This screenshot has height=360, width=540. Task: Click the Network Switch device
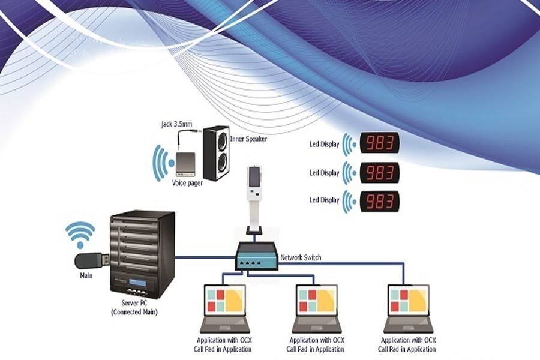pyautogui.click(x=257, y=256)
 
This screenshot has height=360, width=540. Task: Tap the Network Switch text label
pyautogui.click(x=301, y=258)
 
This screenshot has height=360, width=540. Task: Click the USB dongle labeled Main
pyautogui.click(x=90, y=261)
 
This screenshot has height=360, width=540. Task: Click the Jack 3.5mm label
pyautogui.click(x=177, y=124)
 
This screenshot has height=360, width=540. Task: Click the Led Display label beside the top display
pyautogui.click(x=324, y=144)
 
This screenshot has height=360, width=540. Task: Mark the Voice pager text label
pyautogui.click(x=187, y=183)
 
